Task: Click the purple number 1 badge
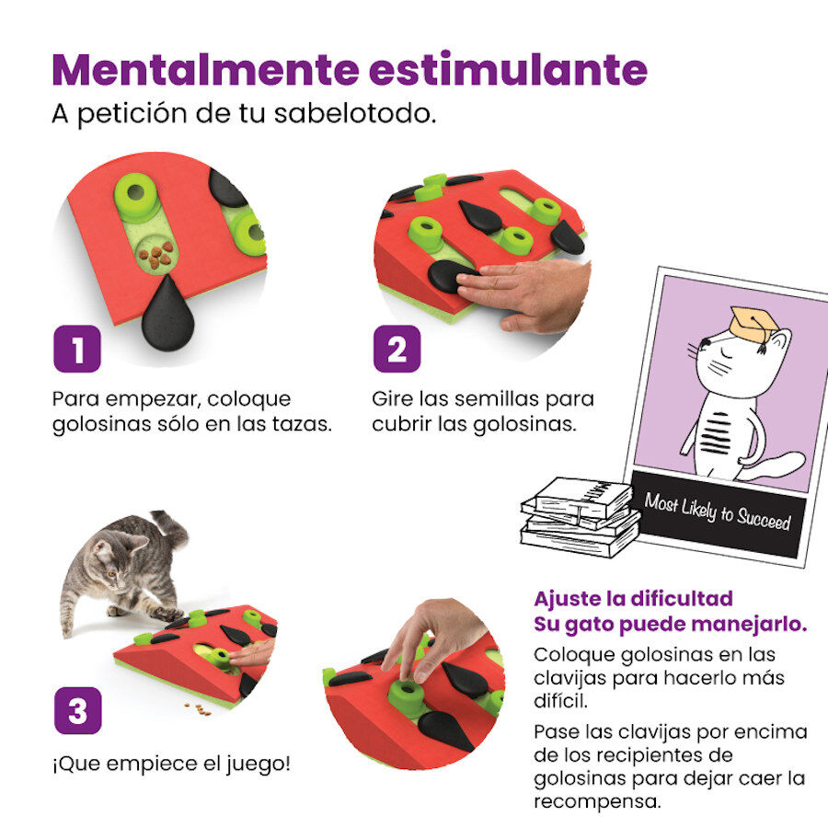coord(76,349)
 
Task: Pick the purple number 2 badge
coord(397,349)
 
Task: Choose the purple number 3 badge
coord(76,710)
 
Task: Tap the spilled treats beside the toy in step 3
coord(194,707)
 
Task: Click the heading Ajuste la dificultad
coord(633,598)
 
